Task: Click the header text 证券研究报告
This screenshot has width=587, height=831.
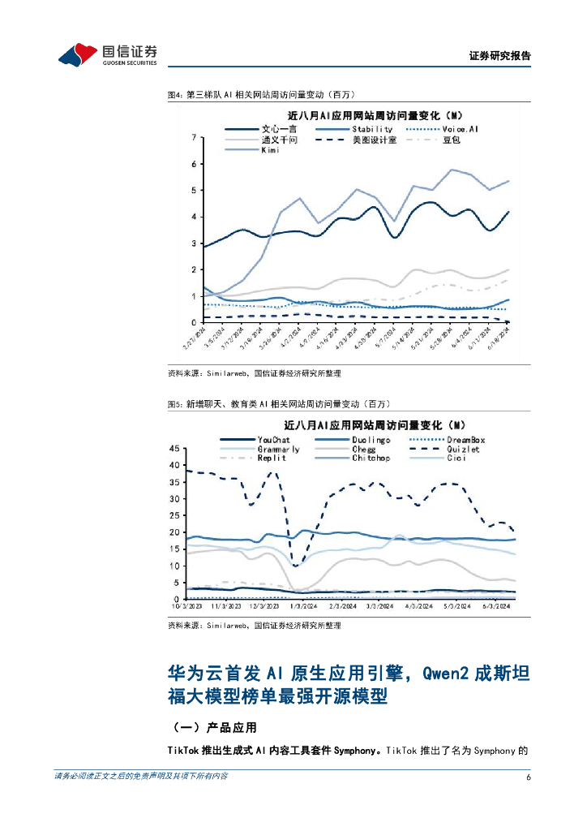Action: point(499,56)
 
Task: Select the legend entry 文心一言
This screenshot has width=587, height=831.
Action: point(281,129)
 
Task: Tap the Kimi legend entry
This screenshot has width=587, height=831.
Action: point(270,150)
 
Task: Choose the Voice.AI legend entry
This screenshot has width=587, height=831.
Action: point(461,129)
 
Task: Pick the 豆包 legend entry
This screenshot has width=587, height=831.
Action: point(451,140)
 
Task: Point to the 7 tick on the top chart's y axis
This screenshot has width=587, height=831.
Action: point(193,138)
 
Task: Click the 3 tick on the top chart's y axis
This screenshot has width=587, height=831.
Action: point(193,243)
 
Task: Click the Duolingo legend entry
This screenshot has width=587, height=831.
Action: point(371,440)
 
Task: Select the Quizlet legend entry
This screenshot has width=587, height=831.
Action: point(463,449)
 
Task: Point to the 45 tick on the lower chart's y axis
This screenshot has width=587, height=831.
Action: point(174,448)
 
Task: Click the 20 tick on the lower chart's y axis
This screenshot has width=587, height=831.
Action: point(174,532)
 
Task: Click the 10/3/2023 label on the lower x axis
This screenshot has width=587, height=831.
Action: point(186,605)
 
